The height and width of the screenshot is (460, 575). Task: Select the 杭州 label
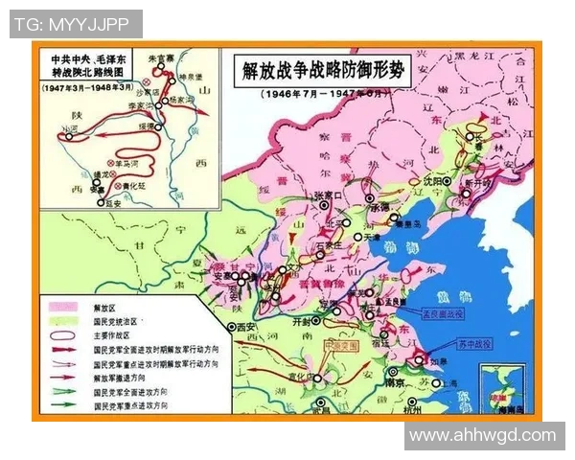(x=412, y=408)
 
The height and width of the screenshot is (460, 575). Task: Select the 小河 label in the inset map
(x=69, y=128)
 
